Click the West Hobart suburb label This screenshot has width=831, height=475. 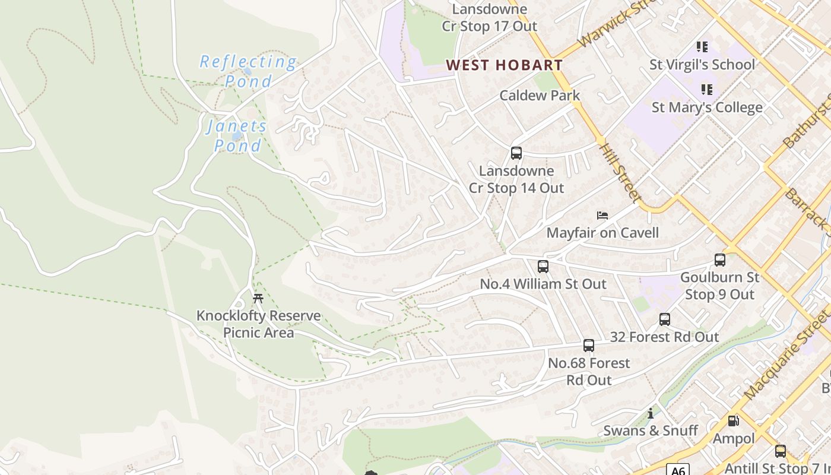504,65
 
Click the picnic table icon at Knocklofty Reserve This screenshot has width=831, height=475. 258,298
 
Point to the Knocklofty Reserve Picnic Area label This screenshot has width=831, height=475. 258,324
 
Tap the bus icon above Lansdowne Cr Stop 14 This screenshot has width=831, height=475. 516,153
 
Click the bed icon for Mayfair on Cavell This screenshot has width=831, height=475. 602,215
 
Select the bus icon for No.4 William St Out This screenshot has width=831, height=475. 543,267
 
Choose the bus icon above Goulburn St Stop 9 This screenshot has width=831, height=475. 720,259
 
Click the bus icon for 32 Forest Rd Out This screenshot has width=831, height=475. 665,319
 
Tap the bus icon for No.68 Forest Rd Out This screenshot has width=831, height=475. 589,346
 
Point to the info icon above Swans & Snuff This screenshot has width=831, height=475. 651,413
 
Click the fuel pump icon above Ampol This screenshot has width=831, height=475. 734,421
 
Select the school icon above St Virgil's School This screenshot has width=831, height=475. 702,46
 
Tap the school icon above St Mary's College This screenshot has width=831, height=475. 706,90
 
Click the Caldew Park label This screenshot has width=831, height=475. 540,95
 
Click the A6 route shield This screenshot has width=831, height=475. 677,470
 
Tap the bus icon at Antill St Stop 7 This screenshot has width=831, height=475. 781,451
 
